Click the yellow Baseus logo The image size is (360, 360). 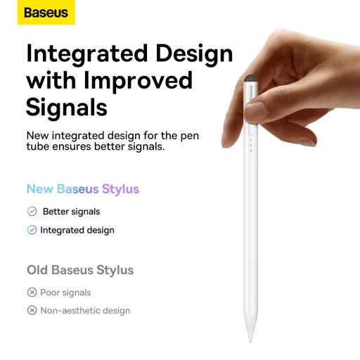pos(46,13)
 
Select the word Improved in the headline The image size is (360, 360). pos(139,80)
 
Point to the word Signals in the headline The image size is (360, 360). pos(67,106)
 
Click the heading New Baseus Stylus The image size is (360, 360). pos(83,189)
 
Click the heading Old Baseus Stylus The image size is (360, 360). pos(80,270)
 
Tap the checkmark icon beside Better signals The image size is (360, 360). pos(32,212)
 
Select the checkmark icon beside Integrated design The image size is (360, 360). pos(32,230)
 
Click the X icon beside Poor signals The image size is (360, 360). pos(32,292)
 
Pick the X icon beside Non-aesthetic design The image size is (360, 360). pos(32,311)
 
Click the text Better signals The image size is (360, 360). pos(71,212)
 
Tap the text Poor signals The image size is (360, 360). pos(65,292)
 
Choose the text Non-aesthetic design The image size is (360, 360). pos(85,311)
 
